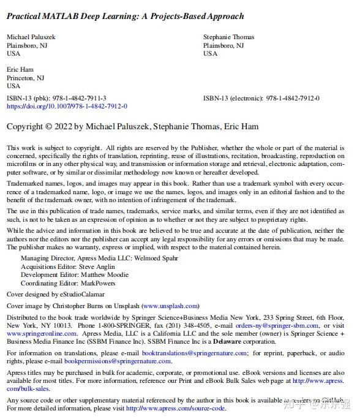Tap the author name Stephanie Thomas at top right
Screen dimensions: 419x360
point(228,37)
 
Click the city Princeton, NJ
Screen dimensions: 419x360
point(25,78)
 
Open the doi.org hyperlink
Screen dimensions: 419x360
point(67,106)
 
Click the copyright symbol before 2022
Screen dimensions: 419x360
point(48,127)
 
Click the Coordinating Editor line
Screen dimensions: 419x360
point(67,283)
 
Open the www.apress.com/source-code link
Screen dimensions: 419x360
point(176,409)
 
